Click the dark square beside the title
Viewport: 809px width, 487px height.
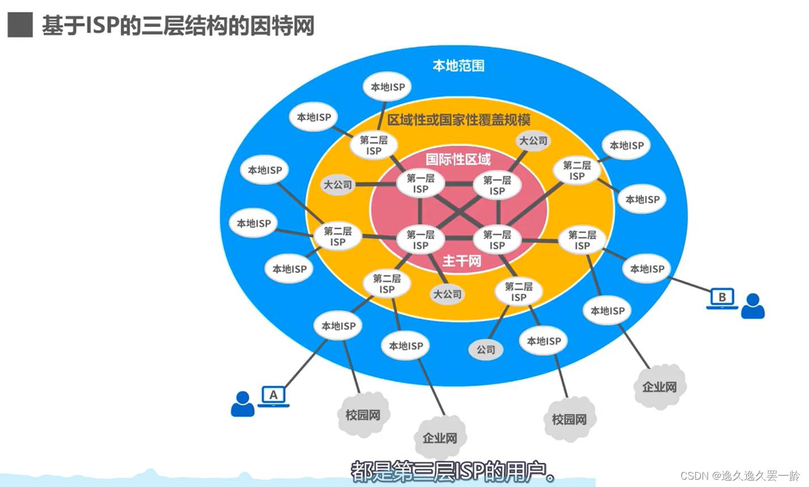click(x=20, y=25)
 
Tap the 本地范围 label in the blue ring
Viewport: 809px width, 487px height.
click(x=458, y=66)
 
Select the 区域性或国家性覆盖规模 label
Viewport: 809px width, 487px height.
click(x=458, y=120)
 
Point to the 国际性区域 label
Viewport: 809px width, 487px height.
click(x=458, y=159)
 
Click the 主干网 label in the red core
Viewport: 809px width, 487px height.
click(x=462, y=261)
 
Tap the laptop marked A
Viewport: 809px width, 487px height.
click(x=274, y=396)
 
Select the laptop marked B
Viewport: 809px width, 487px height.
click(x=722, y=298)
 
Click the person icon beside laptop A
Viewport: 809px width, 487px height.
click(x=242, y=404)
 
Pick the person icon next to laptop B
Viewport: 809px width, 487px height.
click(x=753, y=306)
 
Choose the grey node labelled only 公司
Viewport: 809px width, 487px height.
click(x=486, y=350)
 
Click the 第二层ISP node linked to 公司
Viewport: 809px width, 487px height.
click(x=518, y=292)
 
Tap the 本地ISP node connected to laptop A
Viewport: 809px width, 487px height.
click(x=338, y=326)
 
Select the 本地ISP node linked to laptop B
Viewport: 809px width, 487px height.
click(x=647, y=269)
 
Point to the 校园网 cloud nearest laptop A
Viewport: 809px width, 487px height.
click(x=363, y=415)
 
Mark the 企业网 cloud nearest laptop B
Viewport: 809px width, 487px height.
click(x=659, y=387)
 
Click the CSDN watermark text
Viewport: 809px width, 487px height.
click(x=740, y=476)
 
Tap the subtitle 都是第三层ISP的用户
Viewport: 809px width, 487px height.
click(x=453, y=471)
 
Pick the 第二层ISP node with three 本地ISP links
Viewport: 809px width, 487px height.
click(x=338, y=236)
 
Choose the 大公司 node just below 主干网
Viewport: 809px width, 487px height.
click(x=448, y=294)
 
